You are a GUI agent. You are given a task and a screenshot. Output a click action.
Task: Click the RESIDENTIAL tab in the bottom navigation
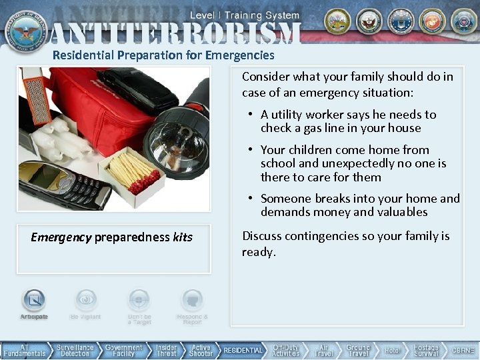tap(243, 351)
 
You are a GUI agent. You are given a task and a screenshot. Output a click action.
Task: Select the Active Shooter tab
tap(201, 351)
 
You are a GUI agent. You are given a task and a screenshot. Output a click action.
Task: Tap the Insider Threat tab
tap(167, 351)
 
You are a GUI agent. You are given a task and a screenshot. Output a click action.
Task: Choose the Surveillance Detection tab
tap(75, 351)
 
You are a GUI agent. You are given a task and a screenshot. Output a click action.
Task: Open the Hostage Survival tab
tap(426, 351)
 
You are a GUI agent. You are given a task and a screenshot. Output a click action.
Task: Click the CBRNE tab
tap(463, 351)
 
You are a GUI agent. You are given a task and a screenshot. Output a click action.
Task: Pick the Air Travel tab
tap(323, 351)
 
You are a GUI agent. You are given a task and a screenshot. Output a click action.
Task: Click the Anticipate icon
tap(34, 301)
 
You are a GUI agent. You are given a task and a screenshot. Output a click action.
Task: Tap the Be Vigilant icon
tap(85, 301)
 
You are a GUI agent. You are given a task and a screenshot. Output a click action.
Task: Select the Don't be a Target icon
tap(139, 301)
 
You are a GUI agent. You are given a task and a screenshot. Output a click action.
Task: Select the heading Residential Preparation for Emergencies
tap(163, 56)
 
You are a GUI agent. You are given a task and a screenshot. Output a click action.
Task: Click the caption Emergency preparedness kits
tap(111, 237)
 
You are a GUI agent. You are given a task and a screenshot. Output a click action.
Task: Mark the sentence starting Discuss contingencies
tap(345, 243)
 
